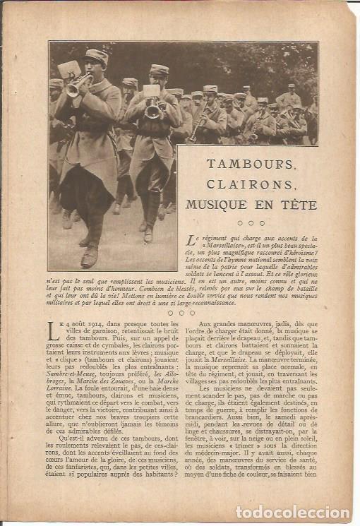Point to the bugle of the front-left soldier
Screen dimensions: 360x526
click(76, 85)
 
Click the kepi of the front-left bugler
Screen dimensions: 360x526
click(97, 56)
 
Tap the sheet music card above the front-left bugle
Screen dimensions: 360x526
click(69, 69)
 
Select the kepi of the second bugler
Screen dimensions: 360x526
click(159, 70)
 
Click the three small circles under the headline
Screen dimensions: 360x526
click(251, 223)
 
